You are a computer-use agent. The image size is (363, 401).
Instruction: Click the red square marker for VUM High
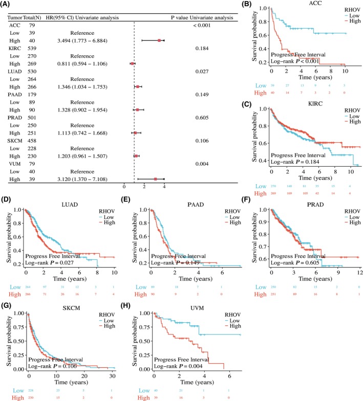(x=156, y=179)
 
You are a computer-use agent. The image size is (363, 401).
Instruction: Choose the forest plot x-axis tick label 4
(x=164, y=188)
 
